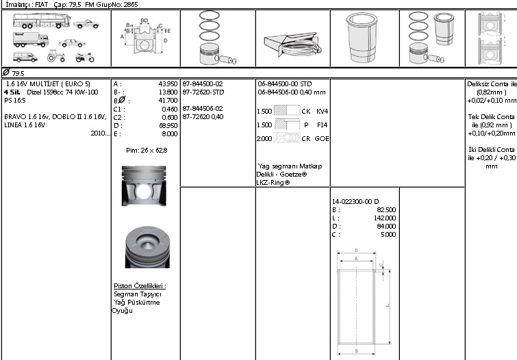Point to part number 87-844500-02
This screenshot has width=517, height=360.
(203, 83)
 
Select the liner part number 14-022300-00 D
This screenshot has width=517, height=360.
(355, 201)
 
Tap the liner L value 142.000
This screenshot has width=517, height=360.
(386, 218)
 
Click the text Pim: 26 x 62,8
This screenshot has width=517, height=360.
(147, 149)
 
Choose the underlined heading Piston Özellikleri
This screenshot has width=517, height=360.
(140, 285)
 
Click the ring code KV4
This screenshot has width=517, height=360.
(323, 111)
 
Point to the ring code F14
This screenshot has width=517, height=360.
(323, 125)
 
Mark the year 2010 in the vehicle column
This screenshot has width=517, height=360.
(99, 133)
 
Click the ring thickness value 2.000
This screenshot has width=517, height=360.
(264, 138)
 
